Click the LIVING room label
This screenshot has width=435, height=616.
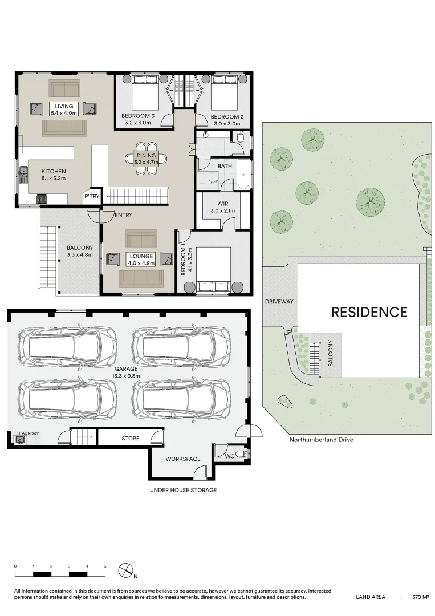(64, 109)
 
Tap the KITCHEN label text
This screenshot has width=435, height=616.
(54, 175)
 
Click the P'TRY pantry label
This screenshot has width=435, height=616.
(92, 197)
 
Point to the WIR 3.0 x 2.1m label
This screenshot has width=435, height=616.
(223, 207)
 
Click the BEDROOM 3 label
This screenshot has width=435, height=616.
(138, 119)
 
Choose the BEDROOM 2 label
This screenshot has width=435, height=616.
(226, 119)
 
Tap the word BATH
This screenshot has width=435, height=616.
(224, 167)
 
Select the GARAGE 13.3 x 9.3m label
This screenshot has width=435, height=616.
(125, 372)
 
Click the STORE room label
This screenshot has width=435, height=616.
(130, 439)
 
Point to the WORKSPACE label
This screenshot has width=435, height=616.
(183, 459)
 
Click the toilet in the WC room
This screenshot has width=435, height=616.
(241, 455)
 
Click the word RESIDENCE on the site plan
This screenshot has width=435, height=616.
(369, 312)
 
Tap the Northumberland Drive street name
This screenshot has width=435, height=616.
(321, 440)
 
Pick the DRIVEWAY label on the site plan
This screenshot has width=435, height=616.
(279, 302)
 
